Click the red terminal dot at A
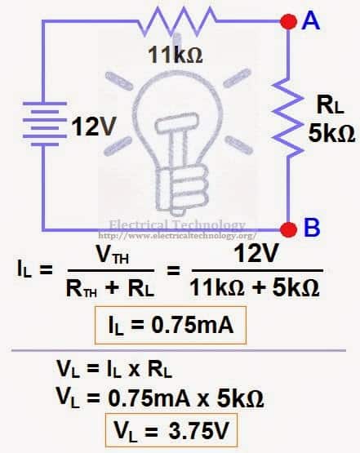(288, 22)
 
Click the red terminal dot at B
(288, 229)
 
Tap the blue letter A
(310, 20)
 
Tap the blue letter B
(312, 228)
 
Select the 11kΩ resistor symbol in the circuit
(177, 21)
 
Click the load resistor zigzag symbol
(288, 117)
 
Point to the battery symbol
(45, 123)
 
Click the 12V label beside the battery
(93, 127)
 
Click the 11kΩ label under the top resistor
(176, 55)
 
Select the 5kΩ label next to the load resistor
(331, 133)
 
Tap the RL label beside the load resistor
(331, 105)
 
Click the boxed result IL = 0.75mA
(171, 326)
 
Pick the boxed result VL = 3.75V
(171, 430)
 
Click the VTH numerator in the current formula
(112, 255)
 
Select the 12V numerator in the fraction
(256, 253)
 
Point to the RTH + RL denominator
(109, 288)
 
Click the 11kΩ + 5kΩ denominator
(255, 288)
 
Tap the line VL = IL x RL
(114, 369)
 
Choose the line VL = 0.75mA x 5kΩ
(160, 398)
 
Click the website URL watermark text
(177, 236)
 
